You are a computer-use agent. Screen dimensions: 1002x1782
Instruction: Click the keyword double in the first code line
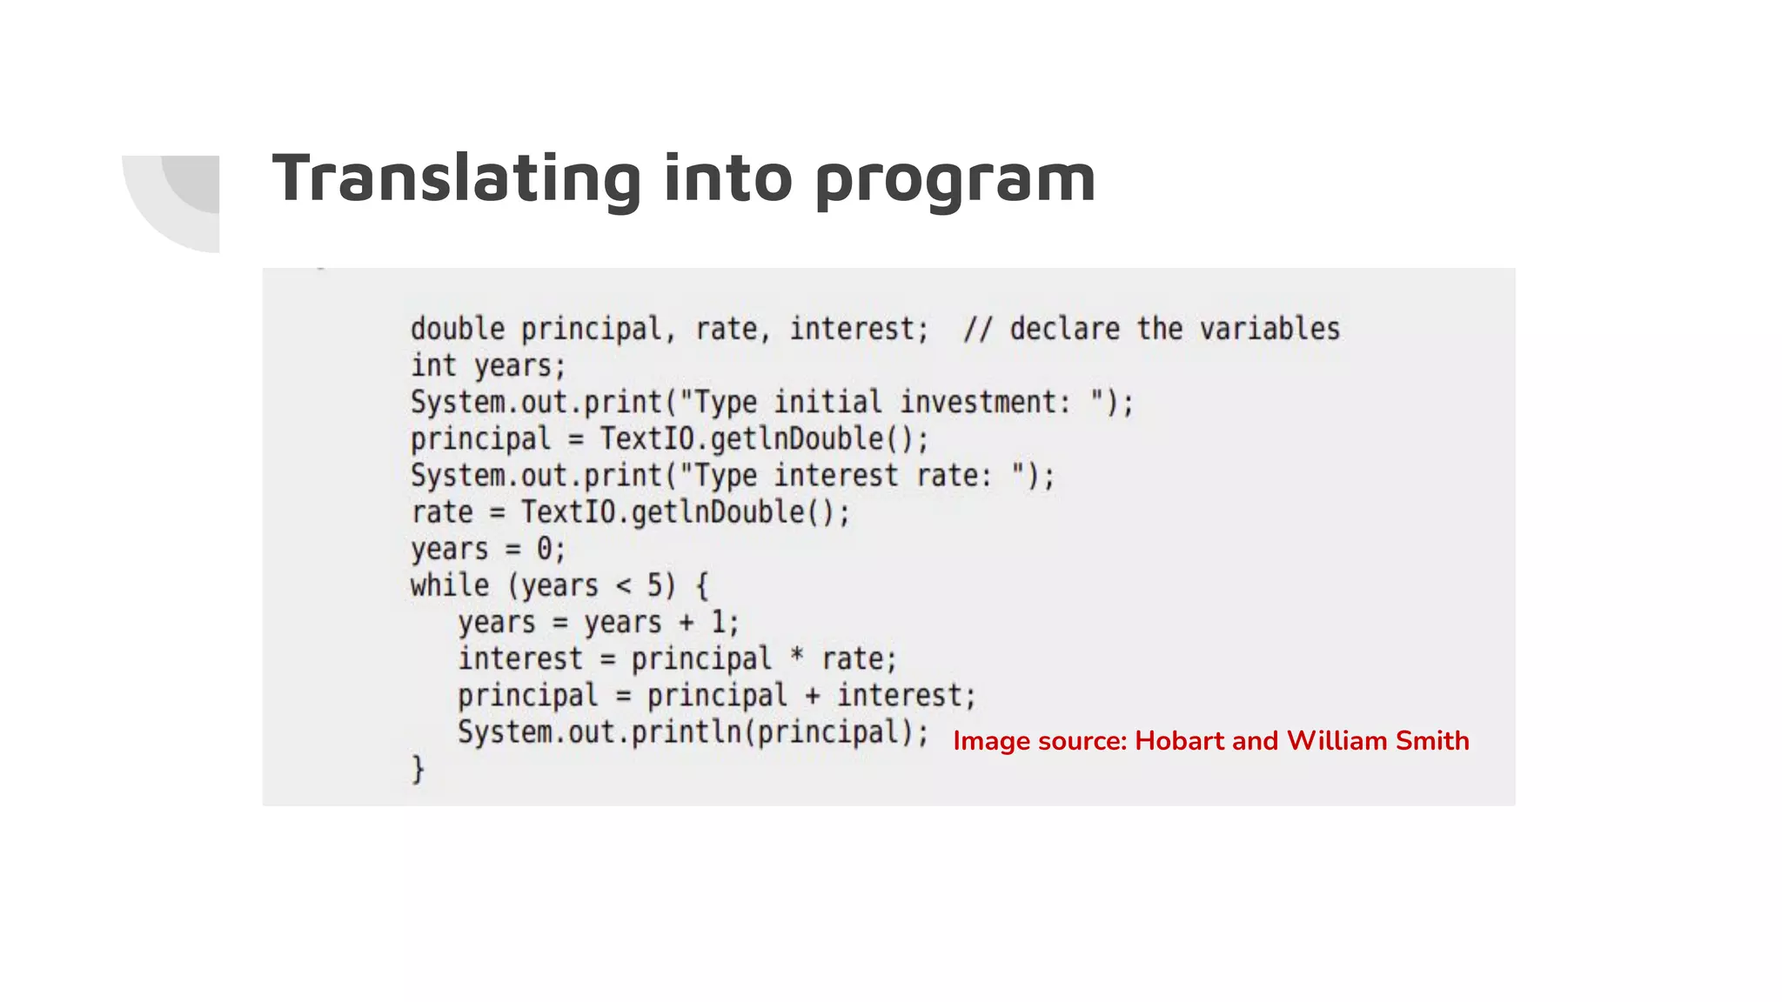(x=458, y=329)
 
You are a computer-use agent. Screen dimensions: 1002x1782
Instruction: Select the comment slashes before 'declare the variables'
(x=977, y=329)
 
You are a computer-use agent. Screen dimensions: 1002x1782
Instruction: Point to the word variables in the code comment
(x=1270, y=329)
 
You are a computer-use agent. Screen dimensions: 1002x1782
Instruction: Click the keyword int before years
(x=433, y=365)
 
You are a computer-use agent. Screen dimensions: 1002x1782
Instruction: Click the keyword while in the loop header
(x=450, y=585)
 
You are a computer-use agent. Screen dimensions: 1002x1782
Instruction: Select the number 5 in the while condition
(x=655, y=585)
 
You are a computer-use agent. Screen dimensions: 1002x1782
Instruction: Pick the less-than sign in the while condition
(x=623, y=586)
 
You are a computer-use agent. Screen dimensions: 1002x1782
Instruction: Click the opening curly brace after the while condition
(x=702, y=585)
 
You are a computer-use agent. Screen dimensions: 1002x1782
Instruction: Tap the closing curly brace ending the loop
(x=419, y=769)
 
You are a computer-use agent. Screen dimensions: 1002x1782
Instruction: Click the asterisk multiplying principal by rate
(x=796, y=657)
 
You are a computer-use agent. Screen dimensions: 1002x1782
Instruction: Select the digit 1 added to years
(x=719, y=622)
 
